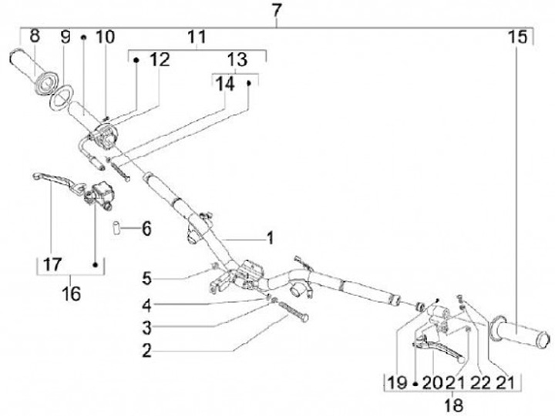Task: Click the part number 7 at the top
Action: (x=278, y=11)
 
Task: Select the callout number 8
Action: (x=35, y=35)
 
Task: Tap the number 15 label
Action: (x=517, y=36)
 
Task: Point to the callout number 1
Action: (x=270, y=238)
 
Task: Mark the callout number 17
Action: (x=52, y=264)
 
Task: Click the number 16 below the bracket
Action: (x=70, y=293)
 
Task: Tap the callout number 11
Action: (x=197, y=36)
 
